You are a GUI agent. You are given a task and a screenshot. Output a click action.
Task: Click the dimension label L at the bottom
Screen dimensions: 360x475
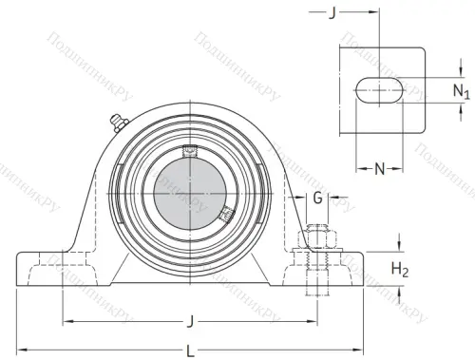(x=191, y=351)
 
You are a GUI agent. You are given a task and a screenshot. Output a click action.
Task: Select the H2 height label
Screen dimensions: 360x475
(x=401, y=271)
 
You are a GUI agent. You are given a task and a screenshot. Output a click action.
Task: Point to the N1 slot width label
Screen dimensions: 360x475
(x=461, y=91)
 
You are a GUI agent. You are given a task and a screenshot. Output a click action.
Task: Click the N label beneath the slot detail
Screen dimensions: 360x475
(x=379, y=169)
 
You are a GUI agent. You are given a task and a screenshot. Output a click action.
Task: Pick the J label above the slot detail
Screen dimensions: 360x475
(x=332, y=12)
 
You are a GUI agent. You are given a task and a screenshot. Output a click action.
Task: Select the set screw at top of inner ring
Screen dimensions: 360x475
(x=188, y=149)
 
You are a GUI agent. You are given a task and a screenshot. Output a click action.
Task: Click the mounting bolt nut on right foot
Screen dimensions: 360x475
(x=315, y=234)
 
